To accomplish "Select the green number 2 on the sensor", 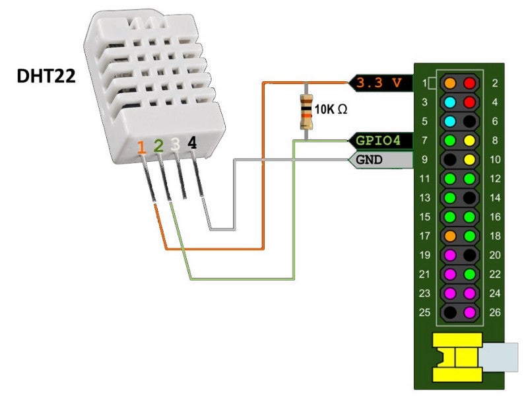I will coord(158,146).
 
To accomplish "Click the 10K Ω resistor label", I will coord(331,110).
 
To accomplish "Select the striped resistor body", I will coord(306,111).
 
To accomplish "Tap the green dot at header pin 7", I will coord(450,141).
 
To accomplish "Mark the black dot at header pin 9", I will coord(450,160).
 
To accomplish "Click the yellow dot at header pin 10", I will coord(469,160).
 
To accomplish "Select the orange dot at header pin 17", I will coord(450,236).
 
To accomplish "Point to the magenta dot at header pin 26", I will coord(469,312).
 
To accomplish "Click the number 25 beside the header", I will coord(424,312).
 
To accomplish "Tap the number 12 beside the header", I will coord(496,179).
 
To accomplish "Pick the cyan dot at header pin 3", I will coord(450,103).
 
